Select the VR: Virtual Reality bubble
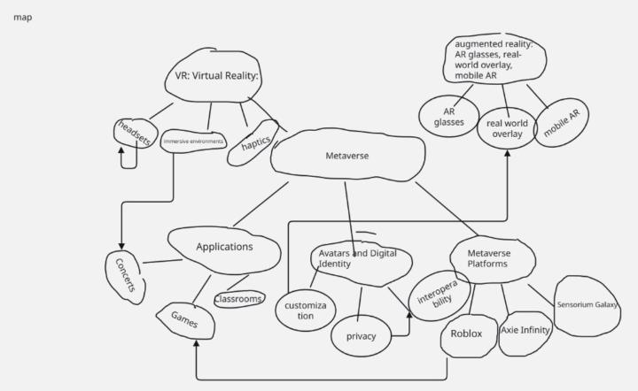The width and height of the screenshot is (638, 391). pos(211,76)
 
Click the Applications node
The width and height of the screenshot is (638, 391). pos(224,247)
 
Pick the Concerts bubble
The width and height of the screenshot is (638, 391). pos(126,277)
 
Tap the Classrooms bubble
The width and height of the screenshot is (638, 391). pos(238,299)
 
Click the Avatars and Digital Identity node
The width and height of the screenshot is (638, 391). pos(359,258)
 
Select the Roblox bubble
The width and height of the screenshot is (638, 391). pos(466,334)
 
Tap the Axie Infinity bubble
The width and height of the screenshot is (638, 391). pos(525,330)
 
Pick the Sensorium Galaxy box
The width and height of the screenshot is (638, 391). pos(587,305)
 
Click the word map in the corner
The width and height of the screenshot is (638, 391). pos(23,17)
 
